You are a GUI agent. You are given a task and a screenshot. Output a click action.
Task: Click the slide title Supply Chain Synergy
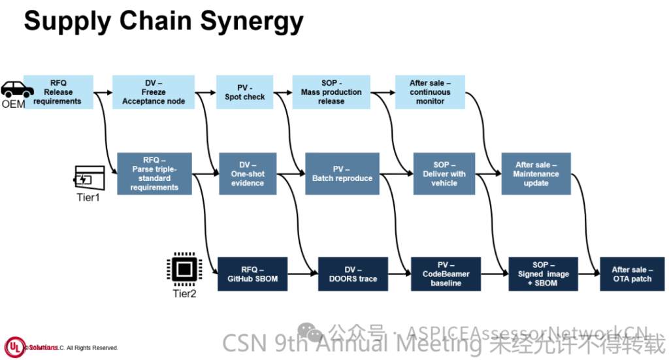tap(163, 22)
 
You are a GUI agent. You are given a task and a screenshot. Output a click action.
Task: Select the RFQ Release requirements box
tap(58, 92)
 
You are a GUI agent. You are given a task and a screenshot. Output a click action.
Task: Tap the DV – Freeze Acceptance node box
tap(154, 92)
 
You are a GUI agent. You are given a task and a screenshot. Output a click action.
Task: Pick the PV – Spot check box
tap(245, 92)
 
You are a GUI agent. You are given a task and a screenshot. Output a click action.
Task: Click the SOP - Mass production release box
tap(331, 92)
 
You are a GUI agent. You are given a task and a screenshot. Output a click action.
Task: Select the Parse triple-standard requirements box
tap(154, 174)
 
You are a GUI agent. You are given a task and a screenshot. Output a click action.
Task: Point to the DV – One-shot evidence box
tap(248, 174)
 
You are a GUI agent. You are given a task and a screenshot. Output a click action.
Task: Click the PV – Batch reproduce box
tap(342, 174)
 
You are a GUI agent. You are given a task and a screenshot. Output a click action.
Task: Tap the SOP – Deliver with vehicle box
tap(444, 174)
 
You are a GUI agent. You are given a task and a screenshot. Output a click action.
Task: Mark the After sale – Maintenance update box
tap(536, 174)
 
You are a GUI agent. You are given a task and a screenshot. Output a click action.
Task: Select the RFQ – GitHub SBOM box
tap(252, 274)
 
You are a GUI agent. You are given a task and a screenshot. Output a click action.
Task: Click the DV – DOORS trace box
tap(353, 274)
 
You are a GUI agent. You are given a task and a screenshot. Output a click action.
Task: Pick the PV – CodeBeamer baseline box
tap(446, 274)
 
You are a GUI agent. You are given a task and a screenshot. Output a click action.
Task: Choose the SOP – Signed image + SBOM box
tap(543, 274)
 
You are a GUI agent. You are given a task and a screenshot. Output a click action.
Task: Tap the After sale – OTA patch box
tap(632, 274)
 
